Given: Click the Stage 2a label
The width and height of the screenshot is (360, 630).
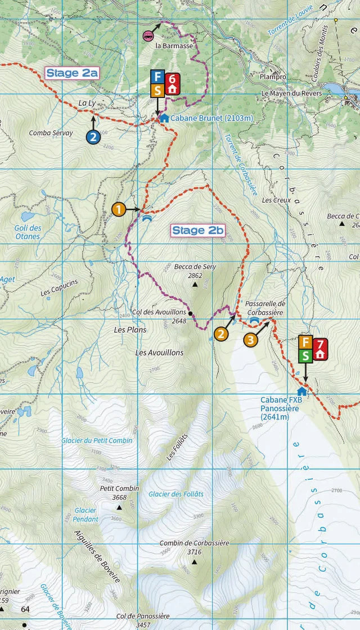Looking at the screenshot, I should pyautogui.click(x=72, y=73).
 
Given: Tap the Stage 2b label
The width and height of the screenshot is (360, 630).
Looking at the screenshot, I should pyautogui.click(x=198, y=230).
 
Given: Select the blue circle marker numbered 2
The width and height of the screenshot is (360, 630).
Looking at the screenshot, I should pyautogui.click(x=93, y=136).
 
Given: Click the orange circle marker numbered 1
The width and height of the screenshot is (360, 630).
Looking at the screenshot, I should pyautogui.click(x=118, y=209).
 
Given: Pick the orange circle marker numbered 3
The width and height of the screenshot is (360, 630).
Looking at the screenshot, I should pyautogui.click(x=250, y=339).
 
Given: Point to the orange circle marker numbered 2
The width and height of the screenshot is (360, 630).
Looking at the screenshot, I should pyautogui.click(x=222, y=334).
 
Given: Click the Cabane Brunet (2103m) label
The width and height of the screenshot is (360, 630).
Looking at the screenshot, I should pyautogui.click(x=211, y=118).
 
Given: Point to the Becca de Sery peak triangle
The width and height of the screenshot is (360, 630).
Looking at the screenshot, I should pyautogui.click(x=195, y=285).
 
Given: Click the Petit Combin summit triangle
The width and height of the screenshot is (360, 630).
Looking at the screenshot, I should pyautogui.click(x=119, y=507).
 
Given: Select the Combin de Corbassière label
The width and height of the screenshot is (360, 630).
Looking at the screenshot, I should pyautogui.click(x=194, y=543).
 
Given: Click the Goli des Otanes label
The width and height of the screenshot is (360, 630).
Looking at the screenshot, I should pyautogui.click(x=28, y=232).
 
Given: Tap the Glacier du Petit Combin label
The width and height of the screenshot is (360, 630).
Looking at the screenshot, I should pyautogui.click(x=97, y=440).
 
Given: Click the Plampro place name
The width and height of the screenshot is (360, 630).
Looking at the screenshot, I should pyautogui.click(x=273, y=76).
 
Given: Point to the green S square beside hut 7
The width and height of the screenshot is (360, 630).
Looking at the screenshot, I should pyautogui.click(x=305, y=355).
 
